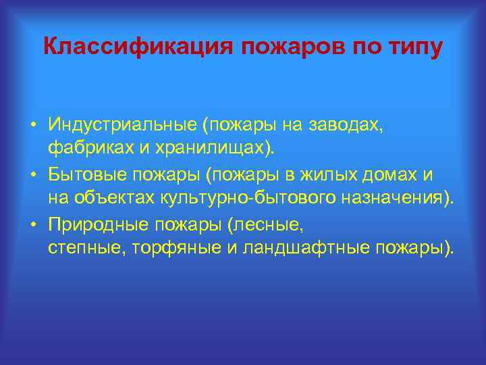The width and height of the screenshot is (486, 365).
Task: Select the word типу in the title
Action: click(416, 47)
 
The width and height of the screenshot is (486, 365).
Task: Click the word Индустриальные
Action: click(123, 125)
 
